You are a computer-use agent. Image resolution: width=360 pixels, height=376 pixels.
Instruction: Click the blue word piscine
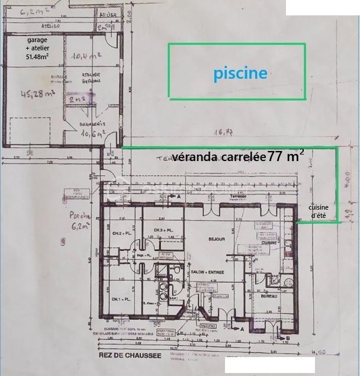[x=240, y=73]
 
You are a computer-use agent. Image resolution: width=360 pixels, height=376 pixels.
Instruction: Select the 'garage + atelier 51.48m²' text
[x=37, y=48]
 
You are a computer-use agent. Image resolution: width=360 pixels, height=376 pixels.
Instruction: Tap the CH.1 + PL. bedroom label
[x=120, y=298]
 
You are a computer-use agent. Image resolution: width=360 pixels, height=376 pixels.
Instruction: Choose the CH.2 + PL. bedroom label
[x=120, y=235]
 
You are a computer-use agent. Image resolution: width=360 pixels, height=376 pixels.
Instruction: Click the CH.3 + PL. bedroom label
[x=163, y=230]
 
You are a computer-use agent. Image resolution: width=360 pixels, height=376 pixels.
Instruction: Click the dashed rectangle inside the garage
[x=36, y=128]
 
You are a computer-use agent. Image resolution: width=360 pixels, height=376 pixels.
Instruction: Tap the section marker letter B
[x=287, y=338]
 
